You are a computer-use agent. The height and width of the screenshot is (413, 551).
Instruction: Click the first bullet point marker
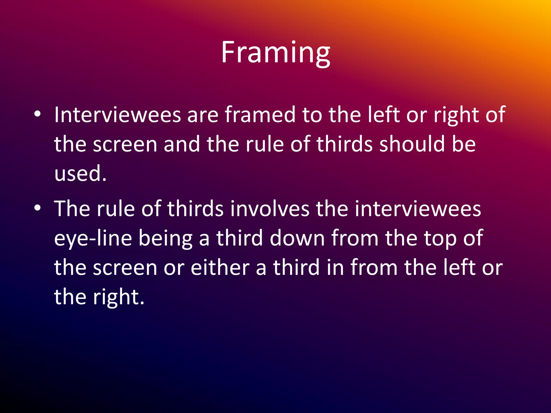(x=37, y=114)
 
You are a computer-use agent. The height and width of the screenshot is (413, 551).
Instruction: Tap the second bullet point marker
(x=37, y=208)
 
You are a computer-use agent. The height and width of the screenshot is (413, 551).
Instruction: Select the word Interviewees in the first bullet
(x=118, y=115)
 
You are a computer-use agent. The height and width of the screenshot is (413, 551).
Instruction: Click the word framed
(x=260, y=115)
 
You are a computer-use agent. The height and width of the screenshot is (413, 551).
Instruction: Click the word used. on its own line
(x=80, y=173)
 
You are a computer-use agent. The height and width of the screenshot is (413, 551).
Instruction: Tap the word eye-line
(x=93, y=238)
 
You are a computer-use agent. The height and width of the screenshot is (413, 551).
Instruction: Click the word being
(x=165, y=238)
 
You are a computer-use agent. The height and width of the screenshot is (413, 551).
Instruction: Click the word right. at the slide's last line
(x=118, y=297)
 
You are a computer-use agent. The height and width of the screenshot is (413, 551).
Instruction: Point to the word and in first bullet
(x=182, y=144)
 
